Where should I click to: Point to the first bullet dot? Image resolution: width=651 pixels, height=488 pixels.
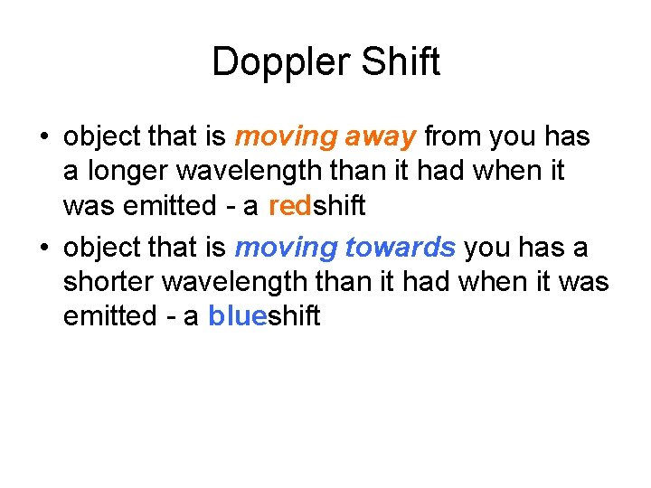pos(42,138)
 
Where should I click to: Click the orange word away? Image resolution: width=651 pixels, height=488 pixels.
pos(380,137)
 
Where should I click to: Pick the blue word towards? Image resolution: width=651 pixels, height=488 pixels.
pos(401,248)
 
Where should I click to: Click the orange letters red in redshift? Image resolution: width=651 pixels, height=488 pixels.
pos(289,206)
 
